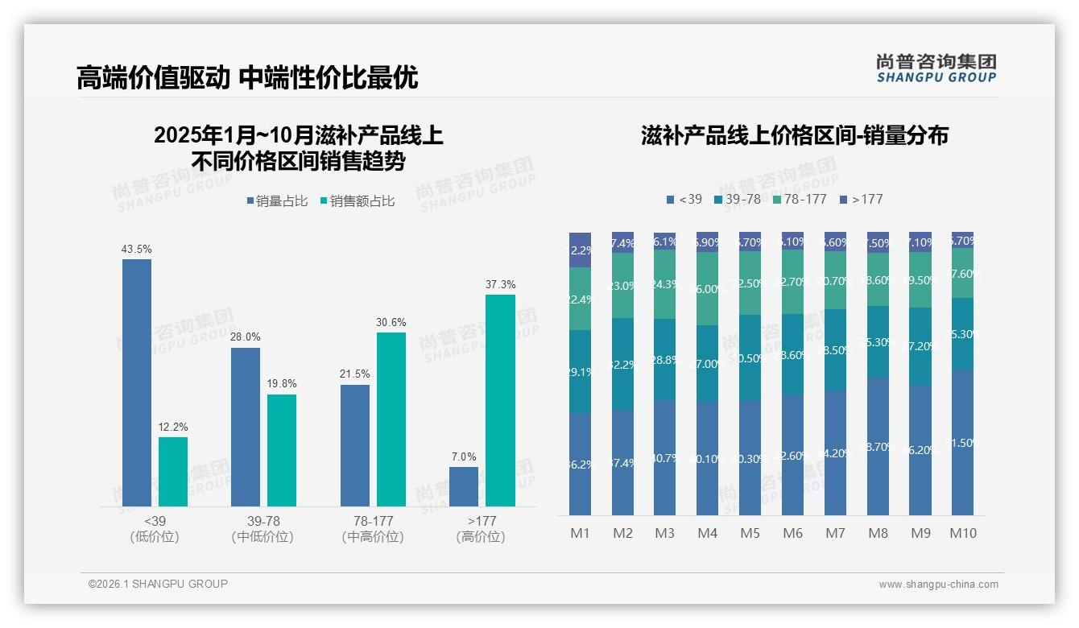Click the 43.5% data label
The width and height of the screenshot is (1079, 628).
pyautogui.click(x=137, y=250)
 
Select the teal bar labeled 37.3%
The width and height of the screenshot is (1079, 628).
pyautogui.click(x=500, y=400)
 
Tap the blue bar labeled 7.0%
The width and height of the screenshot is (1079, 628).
pyautogui.click(x=464, y=486)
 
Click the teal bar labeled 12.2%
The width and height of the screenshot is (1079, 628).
pyautogui.click(x=173, y=472)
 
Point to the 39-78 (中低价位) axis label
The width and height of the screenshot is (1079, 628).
pyautogui.click(x=262, y=529)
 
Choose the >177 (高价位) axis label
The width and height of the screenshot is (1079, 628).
pyautogui.click(x=481, y=529)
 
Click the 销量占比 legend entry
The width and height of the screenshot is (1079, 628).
pyautogui.click(x=277, y=201)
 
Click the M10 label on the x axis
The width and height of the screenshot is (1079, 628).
pyautogui.click(x=962, y=533)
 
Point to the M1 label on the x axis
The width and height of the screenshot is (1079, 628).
pyautogui.click(x=581, y=533)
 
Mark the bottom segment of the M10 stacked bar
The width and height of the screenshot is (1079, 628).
pyautogui.click(x=962, y=442)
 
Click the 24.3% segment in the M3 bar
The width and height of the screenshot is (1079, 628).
pyautogui.click(x=665, y=284)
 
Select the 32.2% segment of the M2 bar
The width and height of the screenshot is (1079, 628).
pyautogui.click(x=622, y=364)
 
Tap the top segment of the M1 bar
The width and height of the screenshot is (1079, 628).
pyautogui.click(x=581, y=250)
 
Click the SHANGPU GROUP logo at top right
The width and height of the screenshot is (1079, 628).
pyautogui.click(x=936, y=68)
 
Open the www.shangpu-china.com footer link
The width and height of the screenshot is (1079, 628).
pyautogui.click(x=938, y=585)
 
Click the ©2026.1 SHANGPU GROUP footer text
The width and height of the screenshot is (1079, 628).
pyautogui.click(x=158, y=584)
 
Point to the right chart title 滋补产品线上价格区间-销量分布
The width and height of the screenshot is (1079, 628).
pyautogui.click(x=794, y=135)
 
